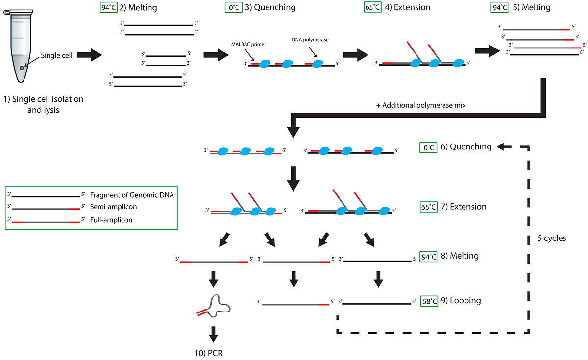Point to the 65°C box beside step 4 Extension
[372, 8]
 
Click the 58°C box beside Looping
[429, 301]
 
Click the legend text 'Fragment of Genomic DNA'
[132, 195]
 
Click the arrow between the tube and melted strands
[89, 55]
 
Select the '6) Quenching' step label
[464, 146]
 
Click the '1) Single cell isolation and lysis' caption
[43, 104]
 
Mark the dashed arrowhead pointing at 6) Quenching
[502, 146]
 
